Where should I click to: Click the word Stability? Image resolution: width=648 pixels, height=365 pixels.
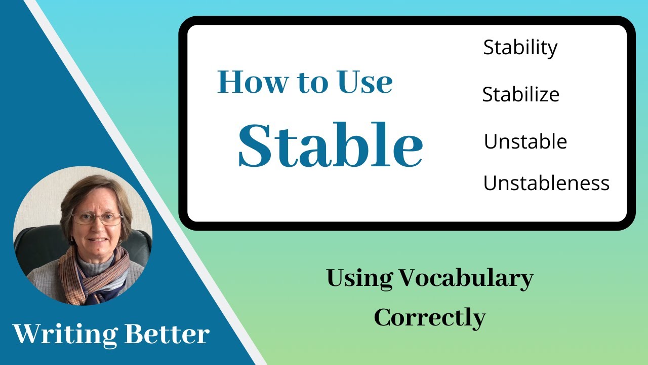[520, 48]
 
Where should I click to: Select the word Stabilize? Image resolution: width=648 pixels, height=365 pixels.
[520, 95]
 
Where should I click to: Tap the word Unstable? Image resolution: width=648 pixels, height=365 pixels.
[525, 141]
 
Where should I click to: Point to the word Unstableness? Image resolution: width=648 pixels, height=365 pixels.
[546, 183]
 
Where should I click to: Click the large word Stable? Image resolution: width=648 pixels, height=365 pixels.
[330, 144]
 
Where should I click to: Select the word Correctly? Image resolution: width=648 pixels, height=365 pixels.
[430, 318]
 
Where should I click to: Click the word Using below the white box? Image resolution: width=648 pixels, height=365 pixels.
[359, 279]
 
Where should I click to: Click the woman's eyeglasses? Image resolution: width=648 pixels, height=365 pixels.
[97, 218]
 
